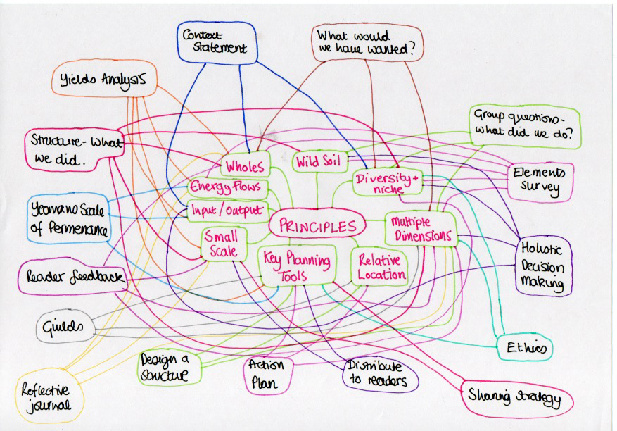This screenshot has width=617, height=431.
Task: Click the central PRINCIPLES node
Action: click(x=317, y=226)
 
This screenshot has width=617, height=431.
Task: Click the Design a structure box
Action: click(x=165, y=367)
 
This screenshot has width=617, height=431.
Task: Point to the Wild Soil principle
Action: click(x=318, y=162)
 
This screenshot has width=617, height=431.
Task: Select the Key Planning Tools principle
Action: click(x=297, y=266)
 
